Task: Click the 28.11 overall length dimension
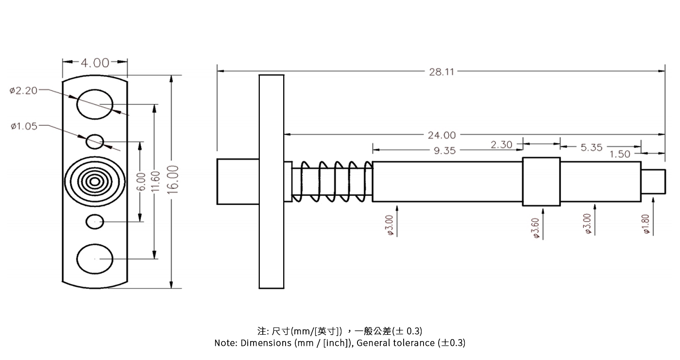441,72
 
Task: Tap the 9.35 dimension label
444,151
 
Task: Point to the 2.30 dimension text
501,144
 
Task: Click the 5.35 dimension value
591,147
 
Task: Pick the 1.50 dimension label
620,154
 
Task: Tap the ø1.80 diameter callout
646,224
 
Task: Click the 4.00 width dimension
95,63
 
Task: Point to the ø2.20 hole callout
23,90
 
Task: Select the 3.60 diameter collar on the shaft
541,181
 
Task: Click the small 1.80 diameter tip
653,181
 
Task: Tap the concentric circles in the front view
95,182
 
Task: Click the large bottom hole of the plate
95,258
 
